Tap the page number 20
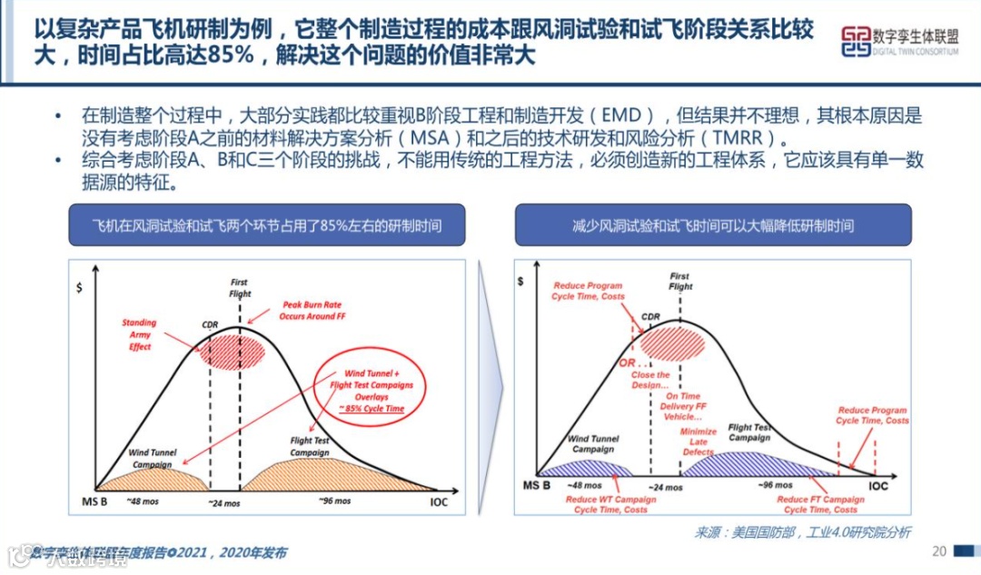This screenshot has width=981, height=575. pos(939,551)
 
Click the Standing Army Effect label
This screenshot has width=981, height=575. pos(139,334)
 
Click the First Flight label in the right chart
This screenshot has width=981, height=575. pos(679,281)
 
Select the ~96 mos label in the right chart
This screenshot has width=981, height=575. pos(777,485)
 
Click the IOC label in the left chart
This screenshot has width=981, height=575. pos(438,501)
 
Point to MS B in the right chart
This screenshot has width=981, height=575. pos(535,486)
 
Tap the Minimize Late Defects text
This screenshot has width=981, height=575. pos(699,441)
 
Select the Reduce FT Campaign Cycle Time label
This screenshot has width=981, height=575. pos(820,505)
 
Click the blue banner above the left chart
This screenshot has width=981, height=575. pos(267,225)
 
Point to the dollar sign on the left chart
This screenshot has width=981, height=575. pos(81,287)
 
